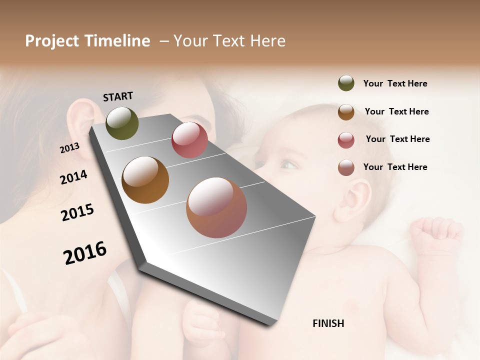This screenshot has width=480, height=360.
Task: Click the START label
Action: (x=118, y=96)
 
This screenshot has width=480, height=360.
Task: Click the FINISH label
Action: (x=328, y=323)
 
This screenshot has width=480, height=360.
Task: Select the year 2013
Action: (x=69, y=148)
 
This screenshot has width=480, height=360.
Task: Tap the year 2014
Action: (x=73, y=177)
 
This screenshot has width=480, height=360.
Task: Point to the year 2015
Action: (x=77, y=212)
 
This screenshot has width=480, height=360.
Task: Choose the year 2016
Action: (x=85, y=253)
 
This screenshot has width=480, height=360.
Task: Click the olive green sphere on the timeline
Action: (x=122, y=123)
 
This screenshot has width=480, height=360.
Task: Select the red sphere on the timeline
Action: (x=189, y=140)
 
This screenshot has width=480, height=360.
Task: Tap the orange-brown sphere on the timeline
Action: (x=145, y=180)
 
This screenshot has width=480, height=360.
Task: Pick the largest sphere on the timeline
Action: (x=216, y=207)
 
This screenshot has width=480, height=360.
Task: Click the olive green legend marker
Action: (x=346, y=83)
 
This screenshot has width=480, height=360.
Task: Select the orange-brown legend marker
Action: (x=346, y=112)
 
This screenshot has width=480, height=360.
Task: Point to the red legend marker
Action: (x=346, y=140)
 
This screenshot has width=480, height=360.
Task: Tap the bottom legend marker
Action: (x=346, y=168)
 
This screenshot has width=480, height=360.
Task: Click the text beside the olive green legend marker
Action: (x=395, y=83)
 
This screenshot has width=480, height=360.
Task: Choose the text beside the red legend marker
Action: (x=397, y=139)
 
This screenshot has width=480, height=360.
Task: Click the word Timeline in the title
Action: (x=117, y=41)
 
